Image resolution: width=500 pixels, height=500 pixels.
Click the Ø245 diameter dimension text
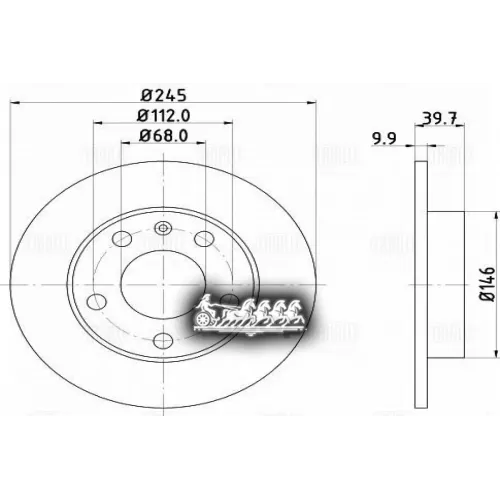160,96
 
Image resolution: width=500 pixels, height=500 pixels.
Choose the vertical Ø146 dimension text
488,283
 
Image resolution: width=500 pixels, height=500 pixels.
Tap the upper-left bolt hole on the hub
122,239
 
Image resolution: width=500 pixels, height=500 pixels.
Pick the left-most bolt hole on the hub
96,300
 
